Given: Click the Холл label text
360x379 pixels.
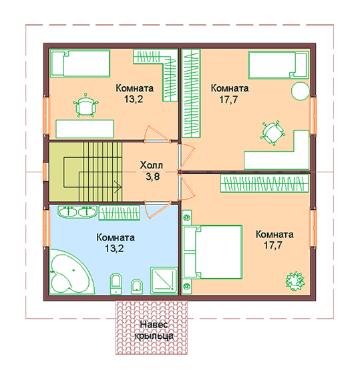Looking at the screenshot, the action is (152, 165).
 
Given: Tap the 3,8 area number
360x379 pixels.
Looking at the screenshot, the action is (152, 176).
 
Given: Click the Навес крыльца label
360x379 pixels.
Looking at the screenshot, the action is (154, 330).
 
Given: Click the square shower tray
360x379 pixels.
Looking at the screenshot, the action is (164, 280).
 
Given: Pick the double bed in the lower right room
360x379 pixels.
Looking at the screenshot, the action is (212, 252).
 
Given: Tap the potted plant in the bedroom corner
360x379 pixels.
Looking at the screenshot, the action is (295, 281).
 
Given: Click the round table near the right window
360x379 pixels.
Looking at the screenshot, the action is (301, 91).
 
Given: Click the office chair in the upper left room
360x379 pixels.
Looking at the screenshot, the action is (85, 106).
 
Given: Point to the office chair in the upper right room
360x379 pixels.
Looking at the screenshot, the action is (273, 132).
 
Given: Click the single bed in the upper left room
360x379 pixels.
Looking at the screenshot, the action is (81, 64).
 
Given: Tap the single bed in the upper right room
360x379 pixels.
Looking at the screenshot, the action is (279, 65).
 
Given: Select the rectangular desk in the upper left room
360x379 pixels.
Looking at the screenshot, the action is (85, 129).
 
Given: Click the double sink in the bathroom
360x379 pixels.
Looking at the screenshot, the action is (77, 212).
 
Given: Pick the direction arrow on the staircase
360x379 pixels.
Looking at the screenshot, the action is (118, 186).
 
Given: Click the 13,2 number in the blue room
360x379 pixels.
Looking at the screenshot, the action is (114, 248).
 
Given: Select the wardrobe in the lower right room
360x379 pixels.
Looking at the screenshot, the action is (264, 183).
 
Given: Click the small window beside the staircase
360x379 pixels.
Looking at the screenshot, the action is (45, 172).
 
